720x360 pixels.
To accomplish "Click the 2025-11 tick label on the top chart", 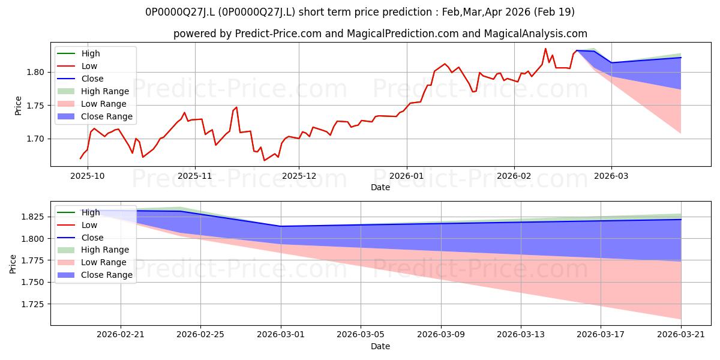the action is (x=195, y=176).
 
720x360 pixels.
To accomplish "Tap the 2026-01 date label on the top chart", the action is (x=407, y=176).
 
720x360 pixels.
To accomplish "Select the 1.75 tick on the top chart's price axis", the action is (x=35, y=106).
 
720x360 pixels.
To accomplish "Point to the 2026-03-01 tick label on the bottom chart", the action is (x=281, y=335).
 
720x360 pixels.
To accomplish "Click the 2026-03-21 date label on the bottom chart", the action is (x=681, y=335).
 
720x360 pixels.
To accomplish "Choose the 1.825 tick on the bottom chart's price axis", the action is (x=32, y=217).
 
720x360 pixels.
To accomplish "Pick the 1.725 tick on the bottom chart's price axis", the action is (x=32, y=304).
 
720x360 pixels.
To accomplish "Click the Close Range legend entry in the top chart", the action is (x=95, y=116).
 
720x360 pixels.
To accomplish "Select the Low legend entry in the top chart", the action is (x=77, y=66).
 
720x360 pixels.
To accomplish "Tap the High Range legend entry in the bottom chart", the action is (x=93, y=250).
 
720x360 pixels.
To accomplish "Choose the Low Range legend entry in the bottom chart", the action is (x=92, y=262).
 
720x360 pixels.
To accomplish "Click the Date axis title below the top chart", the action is (x=380, y=187).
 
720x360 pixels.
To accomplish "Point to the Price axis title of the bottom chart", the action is (x=13, y=264).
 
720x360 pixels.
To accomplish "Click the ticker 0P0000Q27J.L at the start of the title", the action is (x=181, y=12).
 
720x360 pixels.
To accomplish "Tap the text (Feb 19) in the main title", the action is (x=554, y=12).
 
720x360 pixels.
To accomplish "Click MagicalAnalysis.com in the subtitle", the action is (x=535, y=34).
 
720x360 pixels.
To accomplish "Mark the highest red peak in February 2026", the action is (x=545, y=49).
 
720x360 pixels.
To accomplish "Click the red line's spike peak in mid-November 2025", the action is (x=236, y=107).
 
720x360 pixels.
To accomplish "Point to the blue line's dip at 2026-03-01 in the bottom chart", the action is (x=281, y=226).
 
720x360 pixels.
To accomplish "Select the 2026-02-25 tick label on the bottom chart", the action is (x=200, y=335).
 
